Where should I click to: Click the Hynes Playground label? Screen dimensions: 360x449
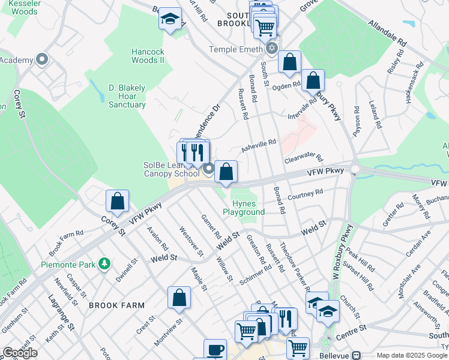244,208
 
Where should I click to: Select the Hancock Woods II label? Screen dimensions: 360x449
148,56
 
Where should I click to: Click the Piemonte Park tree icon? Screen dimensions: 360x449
104,263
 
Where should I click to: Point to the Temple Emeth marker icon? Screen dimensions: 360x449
272,49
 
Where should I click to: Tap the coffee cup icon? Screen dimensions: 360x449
215,350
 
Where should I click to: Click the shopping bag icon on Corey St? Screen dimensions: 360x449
118,202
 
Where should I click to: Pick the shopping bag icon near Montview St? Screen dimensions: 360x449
179,298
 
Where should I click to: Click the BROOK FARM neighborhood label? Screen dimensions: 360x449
117,305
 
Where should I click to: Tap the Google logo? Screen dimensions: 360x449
19,353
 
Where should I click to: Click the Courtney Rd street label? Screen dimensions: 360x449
306,195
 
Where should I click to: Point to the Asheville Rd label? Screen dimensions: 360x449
258,145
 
